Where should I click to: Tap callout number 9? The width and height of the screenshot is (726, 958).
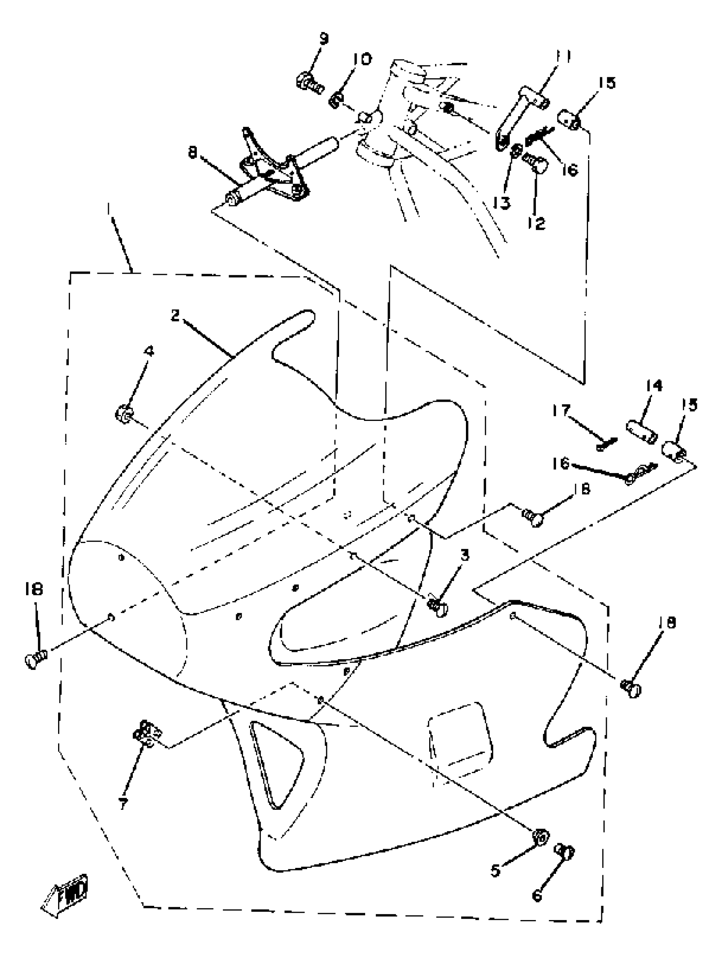point(323,38)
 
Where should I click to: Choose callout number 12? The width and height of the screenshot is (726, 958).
point(537,223)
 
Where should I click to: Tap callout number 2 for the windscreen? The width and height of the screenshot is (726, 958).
point(175,315)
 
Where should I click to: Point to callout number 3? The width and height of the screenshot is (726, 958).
point(465,555)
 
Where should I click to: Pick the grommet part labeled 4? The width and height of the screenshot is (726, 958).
point(124,414)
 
